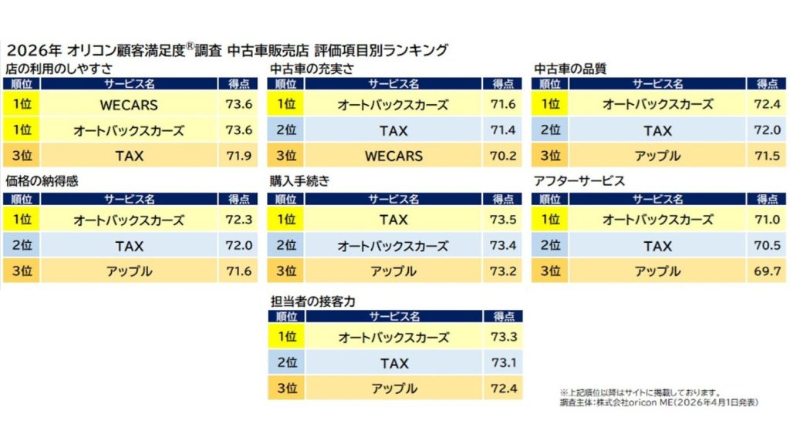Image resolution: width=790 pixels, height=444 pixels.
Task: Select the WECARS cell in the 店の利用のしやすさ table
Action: pyautogui.click(x=129, y=105)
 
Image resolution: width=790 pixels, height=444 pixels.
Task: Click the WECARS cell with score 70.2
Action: pyautogui.click(x=393, y=156)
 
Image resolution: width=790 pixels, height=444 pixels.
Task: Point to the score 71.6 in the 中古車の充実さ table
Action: pyautogui.click(x=502, y=105)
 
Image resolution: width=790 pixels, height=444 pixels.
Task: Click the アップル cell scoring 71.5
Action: pyautogui.click(x=657, y=156)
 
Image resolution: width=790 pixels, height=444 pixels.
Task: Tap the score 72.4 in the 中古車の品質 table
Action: pyautogui.click(x=767, y=105)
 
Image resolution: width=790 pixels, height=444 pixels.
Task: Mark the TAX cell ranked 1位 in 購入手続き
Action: pyautogui.click(x=393, y=220)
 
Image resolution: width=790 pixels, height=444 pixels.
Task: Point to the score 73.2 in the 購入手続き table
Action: pyautogui.click(x=502, y=271)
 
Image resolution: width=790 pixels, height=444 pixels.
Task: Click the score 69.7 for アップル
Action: pyautogui.click(x=767, y=271)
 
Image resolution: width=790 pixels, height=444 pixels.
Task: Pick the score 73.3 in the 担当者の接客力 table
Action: pyautogui.click(x=502, y=337)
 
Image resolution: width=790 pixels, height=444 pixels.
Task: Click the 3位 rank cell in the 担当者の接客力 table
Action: pyautogui.click(x=286, y=388)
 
